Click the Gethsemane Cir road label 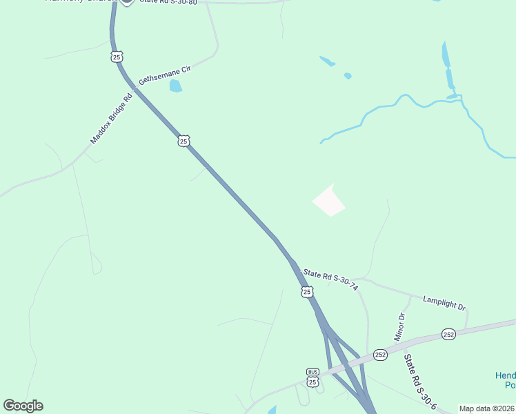[x=164, y=75]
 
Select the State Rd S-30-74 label [x=331, y=277]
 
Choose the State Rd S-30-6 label [x=419, y=383]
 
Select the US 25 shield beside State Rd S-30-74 [x=307, y=293]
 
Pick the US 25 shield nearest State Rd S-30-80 [x=116, y=56]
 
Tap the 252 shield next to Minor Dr [x=380, y=355]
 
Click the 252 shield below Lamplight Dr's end [x=449, y=334]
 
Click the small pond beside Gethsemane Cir [x=175, y=86]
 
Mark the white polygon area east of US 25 [x=329, y=201]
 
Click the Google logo [x=23, y=406]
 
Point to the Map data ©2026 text [x=486, y=408]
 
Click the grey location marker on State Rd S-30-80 [x=126, y=2]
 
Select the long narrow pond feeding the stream [x=447, y=66]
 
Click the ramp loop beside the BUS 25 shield [x=301, y=395]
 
